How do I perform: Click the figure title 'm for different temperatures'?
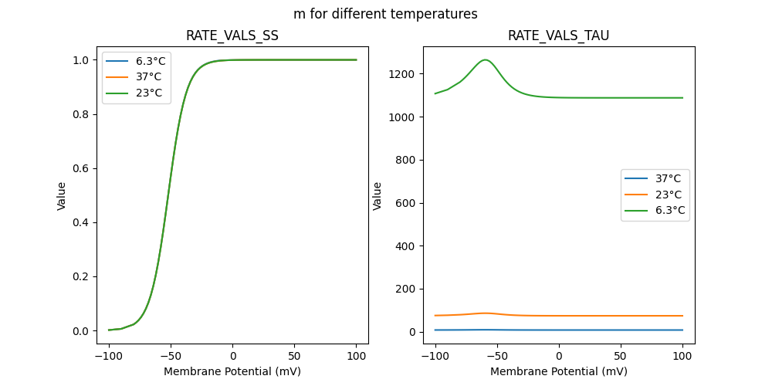click(x=385, y=14)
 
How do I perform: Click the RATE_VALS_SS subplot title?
click(x=232, y=36)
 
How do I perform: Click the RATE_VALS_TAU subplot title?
click(x=559, y=36)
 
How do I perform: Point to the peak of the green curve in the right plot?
click(x=486, y=59)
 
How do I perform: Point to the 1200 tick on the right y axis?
click(x=407, y=74)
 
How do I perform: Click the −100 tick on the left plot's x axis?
click(x=109, y=356)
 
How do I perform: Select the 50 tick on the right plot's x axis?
click(x=621, y=356)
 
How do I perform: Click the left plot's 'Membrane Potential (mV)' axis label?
click(x=232, y=371)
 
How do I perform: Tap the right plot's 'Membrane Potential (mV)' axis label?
click(x=559, y=371)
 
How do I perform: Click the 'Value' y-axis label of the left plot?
click(x=62, y=196)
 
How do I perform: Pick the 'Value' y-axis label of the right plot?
click(x=378, y=196)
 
